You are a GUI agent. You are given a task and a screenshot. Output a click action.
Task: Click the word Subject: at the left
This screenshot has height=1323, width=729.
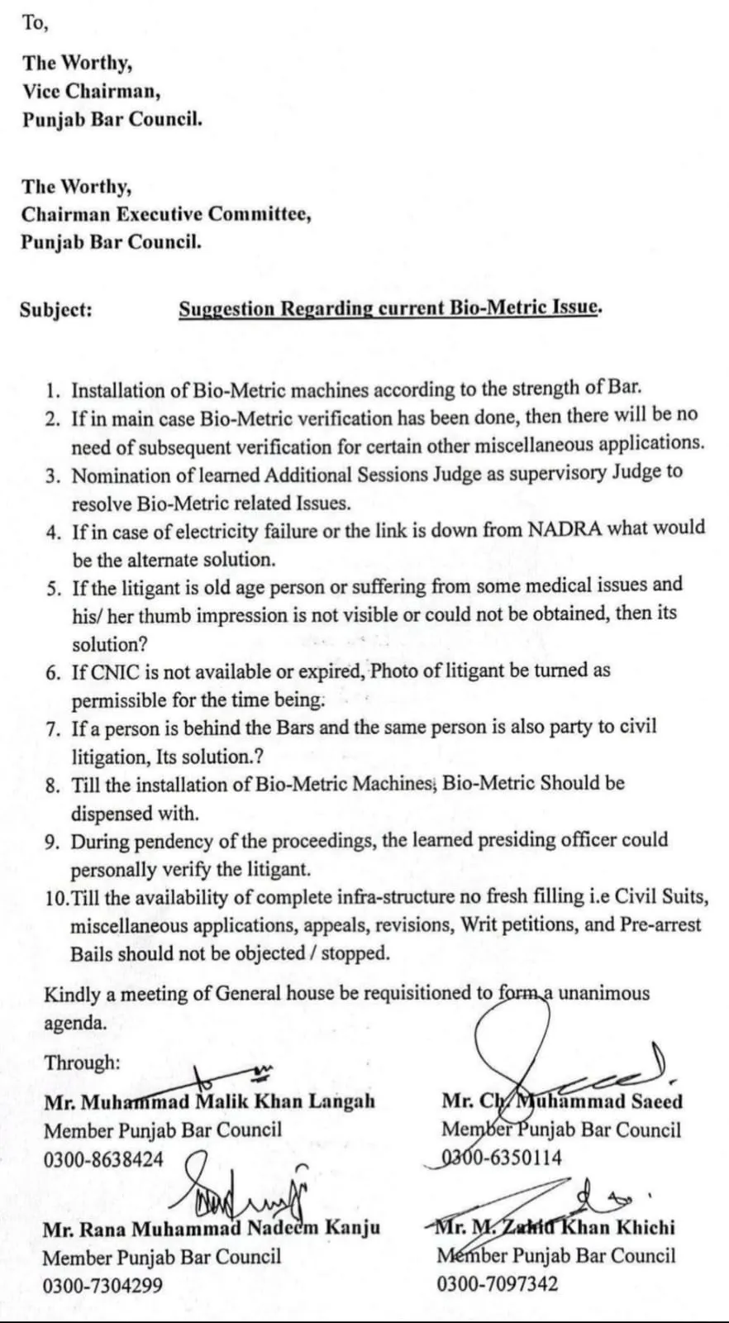55,309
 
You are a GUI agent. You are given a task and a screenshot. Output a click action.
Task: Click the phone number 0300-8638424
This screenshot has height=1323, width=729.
103,1158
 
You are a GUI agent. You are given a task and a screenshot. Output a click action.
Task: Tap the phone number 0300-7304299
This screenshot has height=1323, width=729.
102,1286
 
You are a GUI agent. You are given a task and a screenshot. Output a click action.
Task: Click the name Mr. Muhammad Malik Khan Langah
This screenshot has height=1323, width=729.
209,1101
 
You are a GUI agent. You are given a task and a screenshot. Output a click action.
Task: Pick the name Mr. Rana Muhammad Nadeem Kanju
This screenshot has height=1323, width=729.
212,1228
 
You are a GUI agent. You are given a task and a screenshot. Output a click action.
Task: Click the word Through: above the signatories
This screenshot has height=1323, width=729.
82,1063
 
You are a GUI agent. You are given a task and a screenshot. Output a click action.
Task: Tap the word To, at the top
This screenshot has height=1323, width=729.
35,23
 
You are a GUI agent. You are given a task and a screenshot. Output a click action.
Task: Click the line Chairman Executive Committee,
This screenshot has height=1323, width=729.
166,214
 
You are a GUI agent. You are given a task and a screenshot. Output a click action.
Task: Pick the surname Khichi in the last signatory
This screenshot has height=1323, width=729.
644,1227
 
